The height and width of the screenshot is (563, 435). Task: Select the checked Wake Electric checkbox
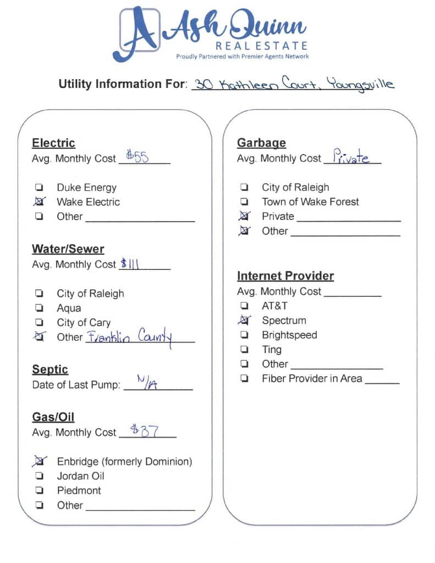point(40,202)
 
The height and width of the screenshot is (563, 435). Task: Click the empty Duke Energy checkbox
point(40,187)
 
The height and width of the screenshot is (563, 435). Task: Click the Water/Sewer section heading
point(68,249)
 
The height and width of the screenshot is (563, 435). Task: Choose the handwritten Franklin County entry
point(130,337)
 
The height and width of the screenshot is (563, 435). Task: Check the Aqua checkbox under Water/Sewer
point(40,308)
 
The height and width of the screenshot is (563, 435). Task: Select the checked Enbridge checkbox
point(40,461)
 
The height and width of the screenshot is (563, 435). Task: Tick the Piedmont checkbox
point(40,490)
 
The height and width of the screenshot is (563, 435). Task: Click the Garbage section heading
point(261,143)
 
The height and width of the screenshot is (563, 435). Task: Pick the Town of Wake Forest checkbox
point(244,202)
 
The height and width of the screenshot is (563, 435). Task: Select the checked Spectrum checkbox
point(244,320)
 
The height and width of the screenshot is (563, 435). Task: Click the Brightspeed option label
point(289,335)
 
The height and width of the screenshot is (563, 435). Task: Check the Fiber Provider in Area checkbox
point(244,378)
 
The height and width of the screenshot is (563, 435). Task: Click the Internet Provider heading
point(285,276)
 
